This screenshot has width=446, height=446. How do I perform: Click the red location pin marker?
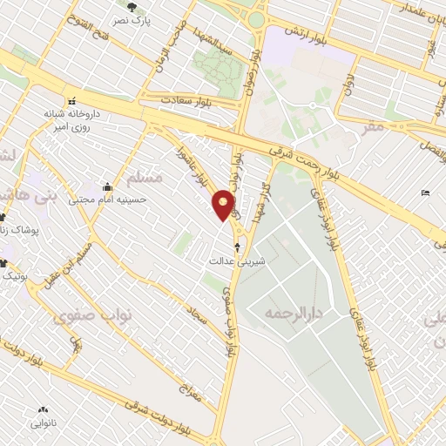coord(224,205)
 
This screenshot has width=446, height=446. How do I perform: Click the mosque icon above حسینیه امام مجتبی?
coord(107,186)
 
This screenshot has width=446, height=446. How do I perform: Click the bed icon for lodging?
coord(425,193)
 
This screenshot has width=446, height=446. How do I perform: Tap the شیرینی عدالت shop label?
coord(233,260)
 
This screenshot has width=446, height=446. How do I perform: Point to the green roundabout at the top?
coord(255,19)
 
